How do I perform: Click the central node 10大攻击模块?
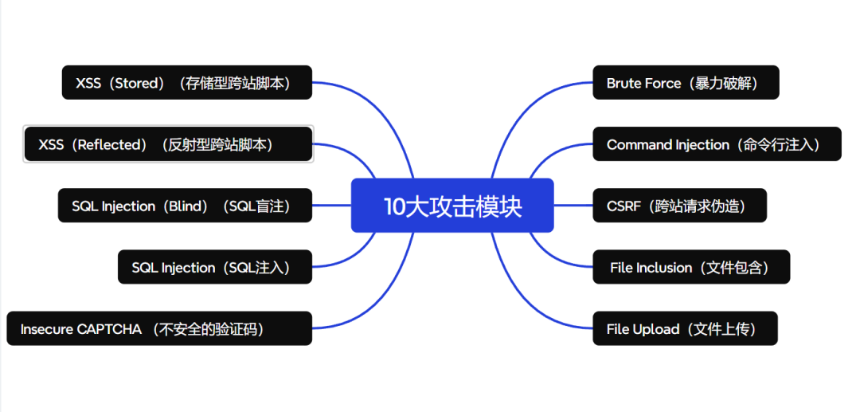[452, 206]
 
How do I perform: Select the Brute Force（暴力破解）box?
[686, 83]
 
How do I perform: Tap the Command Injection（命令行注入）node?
[717, 144]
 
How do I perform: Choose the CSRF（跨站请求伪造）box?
[679, 206]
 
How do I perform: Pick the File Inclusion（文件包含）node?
[690, 267]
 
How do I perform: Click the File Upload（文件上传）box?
[684, 328]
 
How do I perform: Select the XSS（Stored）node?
[186, 83]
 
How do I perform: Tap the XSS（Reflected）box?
[168, 144]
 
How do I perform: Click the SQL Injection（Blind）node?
[185, 206]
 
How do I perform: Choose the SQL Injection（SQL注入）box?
[215, 267]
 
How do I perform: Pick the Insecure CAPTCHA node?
[159, 328]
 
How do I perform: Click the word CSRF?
[623, 206]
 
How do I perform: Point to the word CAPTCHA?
[109, 329]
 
